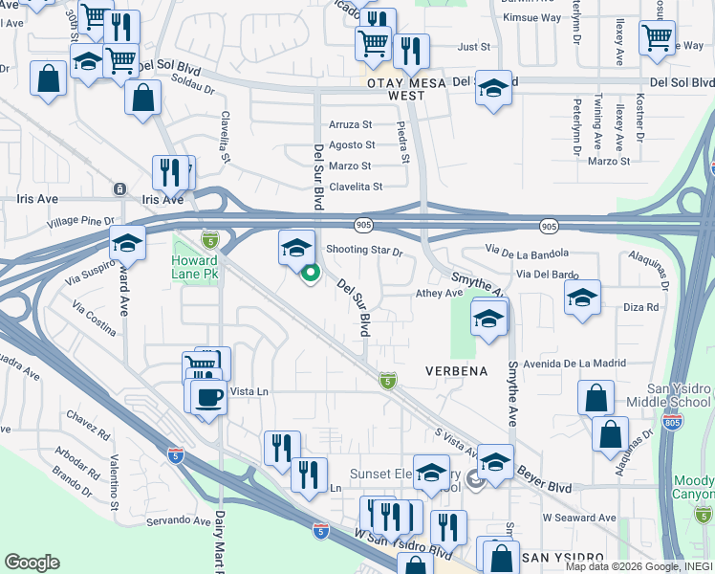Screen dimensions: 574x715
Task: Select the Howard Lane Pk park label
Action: click(195, 267)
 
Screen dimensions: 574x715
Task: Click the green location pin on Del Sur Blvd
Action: click(311, 275)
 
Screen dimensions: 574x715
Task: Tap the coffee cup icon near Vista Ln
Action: click(208, 396)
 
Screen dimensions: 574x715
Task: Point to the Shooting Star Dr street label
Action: click(365, 251)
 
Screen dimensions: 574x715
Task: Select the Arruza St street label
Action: click(350, 124)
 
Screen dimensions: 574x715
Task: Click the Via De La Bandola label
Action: click(527, 252)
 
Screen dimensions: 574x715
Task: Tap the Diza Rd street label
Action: click(640, 307)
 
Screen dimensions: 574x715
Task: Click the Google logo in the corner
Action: click(32, 563)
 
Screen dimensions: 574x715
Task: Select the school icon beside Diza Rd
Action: click(582, 298)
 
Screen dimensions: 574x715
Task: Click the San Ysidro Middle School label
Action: click(670, 395)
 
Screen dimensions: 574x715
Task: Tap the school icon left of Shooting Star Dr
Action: click(296, 247)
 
